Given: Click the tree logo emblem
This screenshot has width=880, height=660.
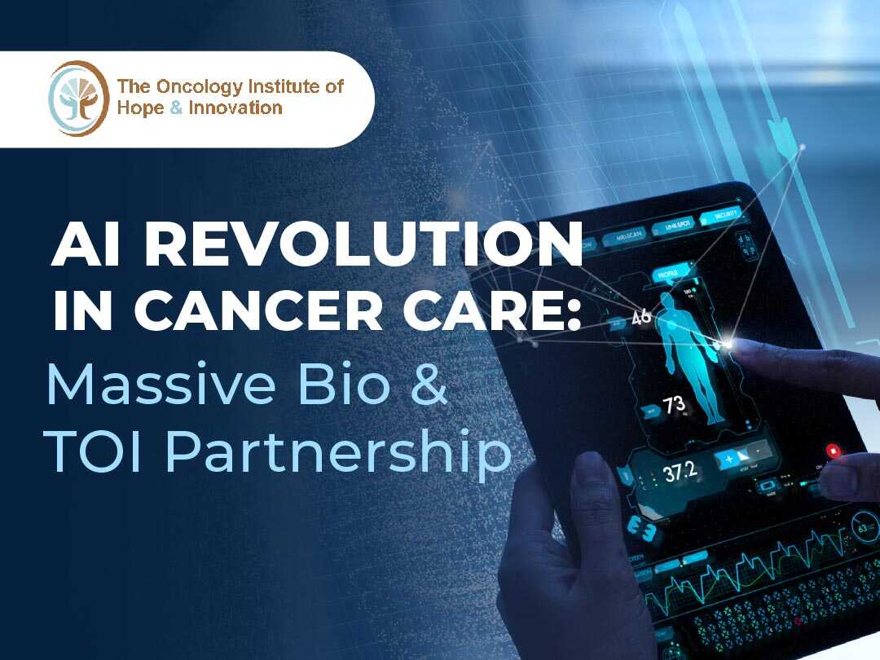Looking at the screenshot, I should [78, 98].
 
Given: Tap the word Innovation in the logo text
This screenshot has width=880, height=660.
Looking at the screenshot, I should [235, 108].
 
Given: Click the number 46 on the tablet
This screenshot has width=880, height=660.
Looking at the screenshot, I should [641, 316].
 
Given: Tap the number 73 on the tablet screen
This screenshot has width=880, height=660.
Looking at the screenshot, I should [673, 405].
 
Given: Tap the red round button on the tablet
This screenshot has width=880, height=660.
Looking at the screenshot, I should [833, 451].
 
